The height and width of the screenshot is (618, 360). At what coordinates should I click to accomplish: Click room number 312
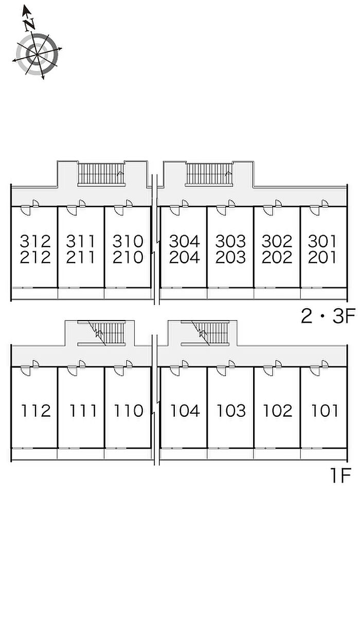36,240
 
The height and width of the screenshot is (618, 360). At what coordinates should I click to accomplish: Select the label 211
82,257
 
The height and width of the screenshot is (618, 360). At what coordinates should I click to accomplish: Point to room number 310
128,240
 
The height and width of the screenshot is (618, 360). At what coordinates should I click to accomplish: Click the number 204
185,257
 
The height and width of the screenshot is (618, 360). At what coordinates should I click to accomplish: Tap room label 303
231,240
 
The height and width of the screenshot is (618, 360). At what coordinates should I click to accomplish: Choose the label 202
277,257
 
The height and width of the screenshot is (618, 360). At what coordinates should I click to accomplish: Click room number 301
322,240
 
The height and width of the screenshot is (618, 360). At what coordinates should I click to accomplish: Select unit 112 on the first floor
36,411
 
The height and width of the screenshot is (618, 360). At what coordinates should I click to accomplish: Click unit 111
82,411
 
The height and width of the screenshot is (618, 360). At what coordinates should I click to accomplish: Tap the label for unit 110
128,411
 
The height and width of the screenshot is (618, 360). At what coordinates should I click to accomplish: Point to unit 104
185,411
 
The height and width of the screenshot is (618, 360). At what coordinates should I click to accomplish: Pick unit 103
231,411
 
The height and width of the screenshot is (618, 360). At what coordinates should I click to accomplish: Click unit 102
277,411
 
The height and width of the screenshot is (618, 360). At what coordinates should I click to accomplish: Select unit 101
325,411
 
